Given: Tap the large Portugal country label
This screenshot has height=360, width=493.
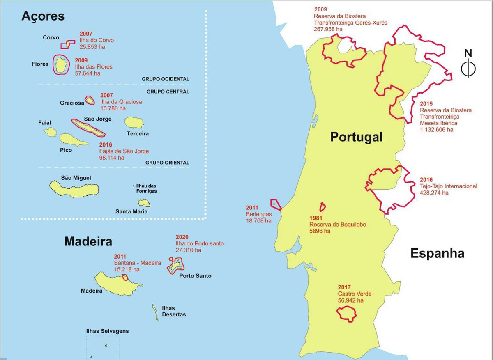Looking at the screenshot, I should [x=356, y=137].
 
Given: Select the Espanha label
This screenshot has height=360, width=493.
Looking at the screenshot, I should [x=437, y=253].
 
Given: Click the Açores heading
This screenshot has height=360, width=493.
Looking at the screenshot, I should [x=43, y=16].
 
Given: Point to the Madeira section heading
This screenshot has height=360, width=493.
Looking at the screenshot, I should [x=88, y=241].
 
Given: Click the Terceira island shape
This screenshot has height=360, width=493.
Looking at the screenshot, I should [x=134, y=122].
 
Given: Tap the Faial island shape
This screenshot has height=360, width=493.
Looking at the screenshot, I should [x=50, y=132].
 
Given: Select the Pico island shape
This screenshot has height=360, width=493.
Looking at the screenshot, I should [x=74, y=140].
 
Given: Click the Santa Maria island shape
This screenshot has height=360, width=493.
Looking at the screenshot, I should [x=144, y=203].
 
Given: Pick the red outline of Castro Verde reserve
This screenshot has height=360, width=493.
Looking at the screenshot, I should [x=347, y=314].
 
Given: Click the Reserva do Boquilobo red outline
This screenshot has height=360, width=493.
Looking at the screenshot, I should [x=323, y=207].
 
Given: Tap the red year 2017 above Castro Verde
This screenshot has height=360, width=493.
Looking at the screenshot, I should [x=345, y=287].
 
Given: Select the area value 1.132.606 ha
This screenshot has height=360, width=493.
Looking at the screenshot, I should [x=436, y=130].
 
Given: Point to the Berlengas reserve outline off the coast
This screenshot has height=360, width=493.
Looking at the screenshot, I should [x=276, y=204].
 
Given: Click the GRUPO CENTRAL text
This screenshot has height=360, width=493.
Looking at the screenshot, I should [x=168, y=92].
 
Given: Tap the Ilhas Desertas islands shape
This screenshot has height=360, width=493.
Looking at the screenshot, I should [x=155, y=313].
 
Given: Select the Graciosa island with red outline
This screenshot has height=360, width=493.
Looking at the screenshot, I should [x=90, y=100].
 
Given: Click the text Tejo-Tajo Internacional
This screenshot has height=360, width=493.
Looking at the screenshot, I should [x=448, y=186].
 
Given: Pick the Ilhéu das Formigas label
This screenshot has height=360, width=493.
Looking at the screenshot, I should [x=146, y=188].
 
